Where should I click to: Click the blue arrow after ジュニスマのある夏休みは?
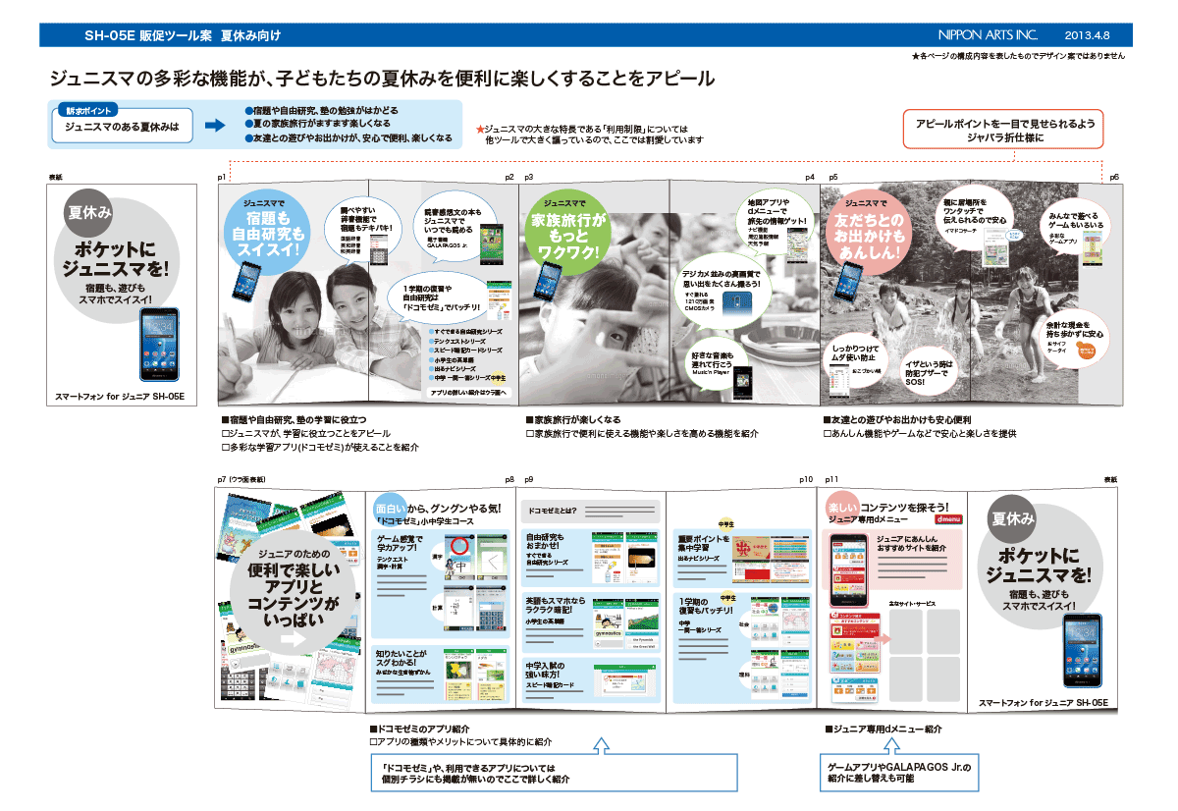tap(215, 125)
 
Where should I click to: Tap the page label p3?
tap(528, 177)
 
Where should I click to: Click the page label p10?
tap(806, 480)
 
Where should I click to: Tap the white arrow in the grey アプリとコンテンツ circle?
tap(293, 638)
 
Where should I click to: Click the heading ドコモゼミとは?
tap(553, 511)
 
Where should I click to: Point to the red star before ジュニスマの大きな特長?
tap(480, 130)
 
